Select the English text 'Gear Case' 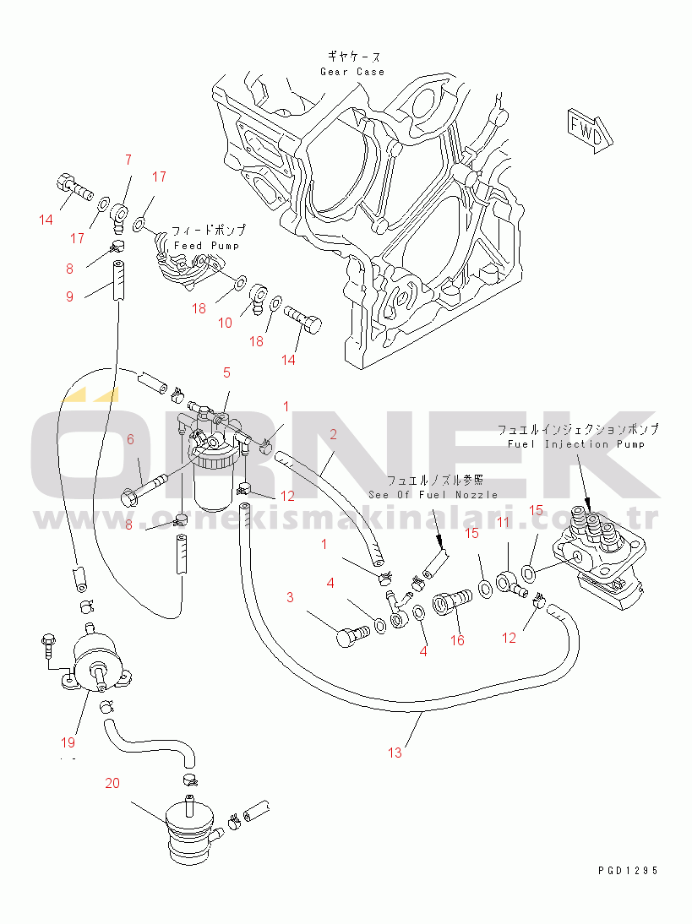click(352, 72)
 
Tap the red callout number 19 click(68, 742)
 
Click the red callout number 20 click(112, 783)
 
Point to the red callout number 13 click(395, 753)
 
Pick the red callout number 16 click(457, 640)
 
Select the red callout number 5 click(226, 372)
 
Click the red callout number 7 click(128, 159)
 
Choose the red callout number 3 click(290, 598)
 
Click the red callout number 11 click(503, 523)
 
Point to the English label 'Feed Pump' click(206, 246)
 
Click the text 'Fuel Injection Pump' click(576, 444)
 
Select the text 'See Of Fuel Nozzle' click(433, 494)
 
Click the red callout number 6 click(131, 438)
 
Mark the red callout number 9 click(69, 296)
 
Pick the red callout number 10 click(225, 323)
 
